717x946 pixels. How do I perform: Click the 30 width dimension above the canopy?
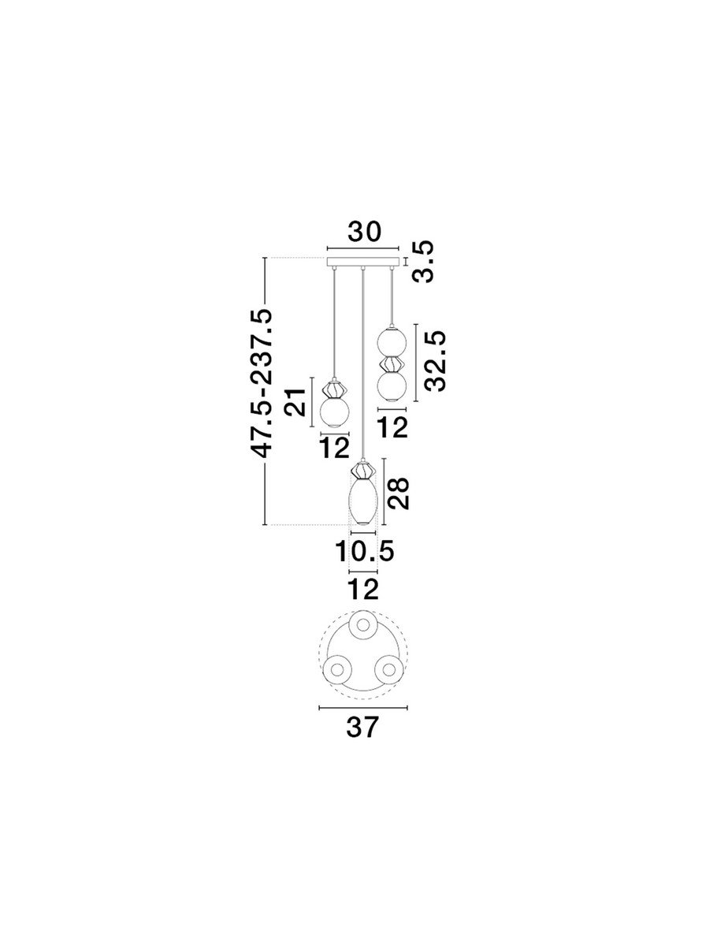(x=364, y=232)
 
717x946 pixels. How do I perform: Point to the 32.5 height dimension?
(x=434, y=362)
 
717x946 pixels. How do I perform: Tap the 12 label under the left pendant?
(x=335, y=448)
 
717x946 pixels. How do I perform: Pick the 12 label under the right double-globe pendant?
(x=392, y=427)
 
